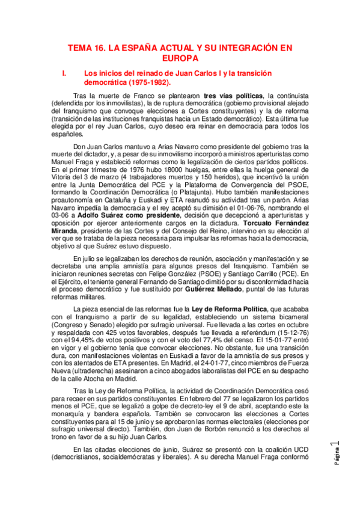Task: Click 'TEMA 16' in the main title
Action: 86,48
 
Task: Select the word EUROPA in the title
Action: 180,58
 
